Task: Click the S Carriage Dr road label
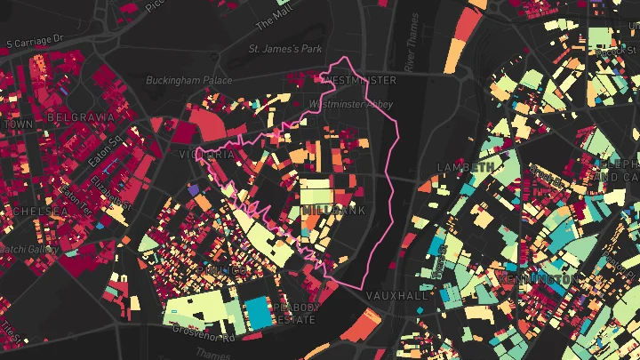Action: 36,41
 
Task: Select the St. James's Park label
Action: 285,48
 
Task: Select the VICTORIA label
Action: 210,154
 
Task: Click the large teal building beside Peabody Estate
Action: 259,311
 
